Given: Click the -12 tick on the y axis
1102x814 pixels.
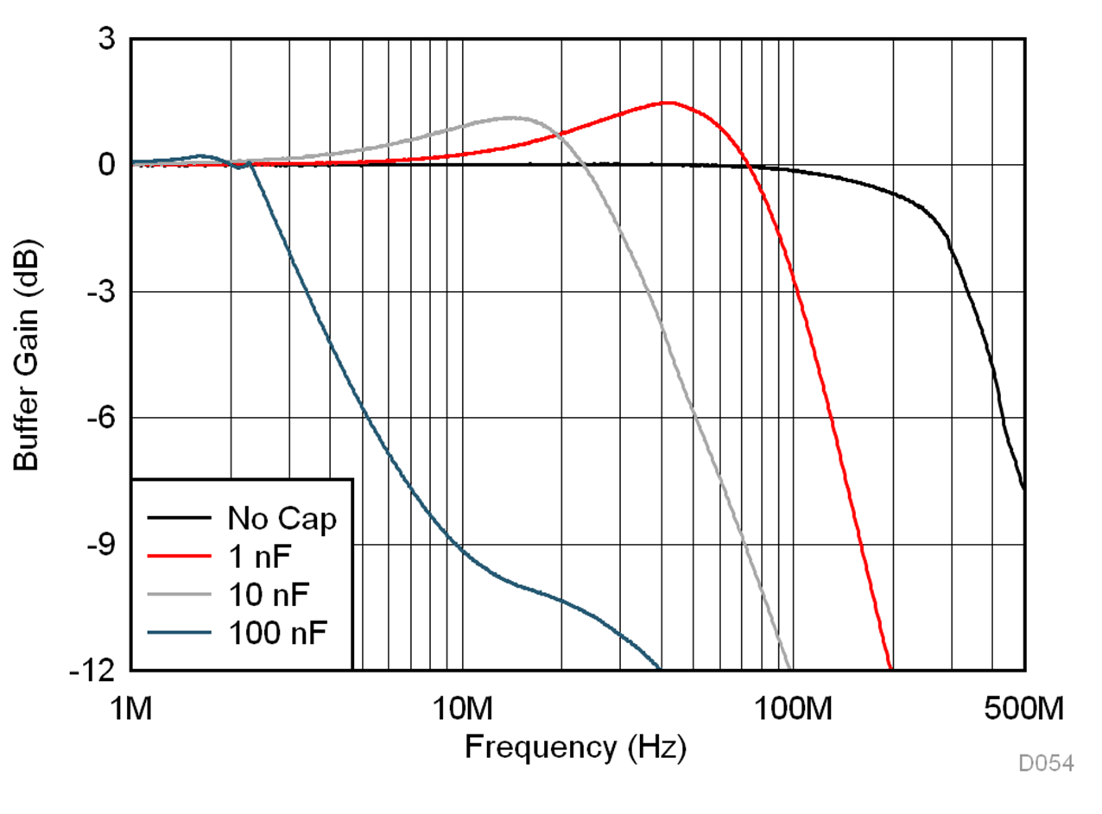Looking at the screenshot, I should click(98, 671).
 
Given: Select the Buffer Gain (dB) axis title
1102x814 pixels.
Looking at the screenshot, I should click(28, 355).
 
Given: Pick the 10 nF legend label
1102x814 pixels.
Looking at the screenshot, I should click(269, 595).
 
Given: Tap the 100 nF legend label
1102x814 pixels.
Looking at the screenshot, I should click(277, 633).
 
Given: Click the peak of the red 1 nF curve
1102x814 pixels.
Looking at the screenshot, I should click(668, 103).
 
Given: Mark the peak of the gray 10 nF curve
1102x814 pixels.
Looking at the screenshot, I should click(511, 117).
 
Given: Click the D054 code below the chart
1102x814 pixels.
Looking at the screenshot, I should click(1046, 763).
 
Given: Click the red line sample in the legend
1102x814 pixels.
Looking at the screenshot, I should click(179, 557).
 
